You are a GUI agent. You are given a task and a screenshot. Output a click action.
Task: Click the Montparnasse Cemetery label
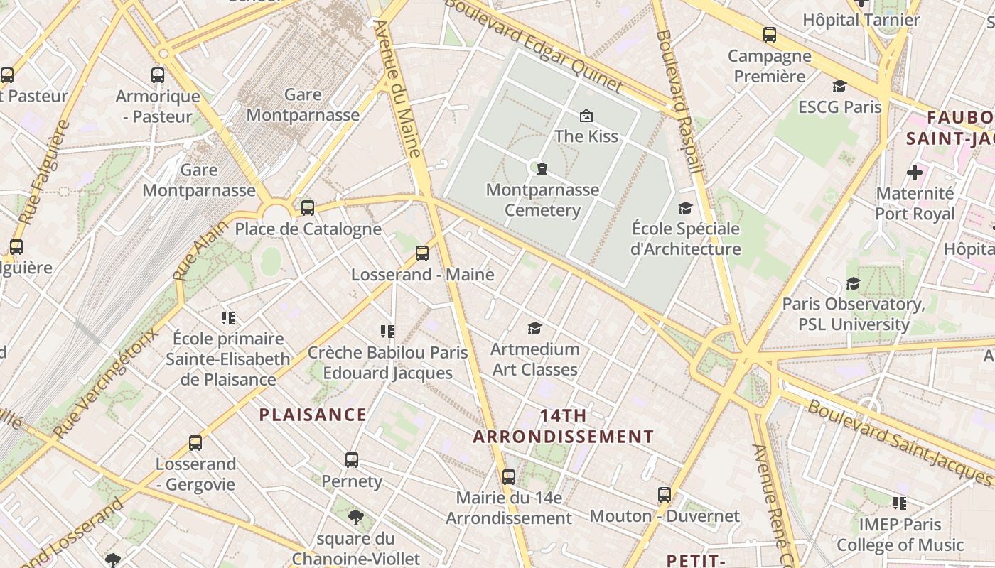pyautogui.click(x=542, y=200)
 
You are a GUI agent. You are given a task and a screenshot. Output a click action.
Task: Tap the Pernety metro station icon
pyautogui.click(x=352, y=460)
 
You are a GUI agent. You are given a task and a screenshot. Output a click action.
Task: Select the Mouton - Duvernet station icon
pyautogui.click(x=665, y=495)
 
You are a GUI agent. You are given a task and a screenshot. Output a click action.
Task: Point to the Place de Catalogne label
pyautogui.click(x=308, y=229)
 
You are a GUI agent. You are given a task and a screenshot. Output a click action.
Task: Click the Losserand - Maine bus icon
pyautogui.click(x=422, y=253)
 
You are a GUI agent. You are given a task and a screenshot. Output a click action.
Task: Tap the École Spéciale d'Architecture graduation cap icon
pyautogui.click(x=685, y=208)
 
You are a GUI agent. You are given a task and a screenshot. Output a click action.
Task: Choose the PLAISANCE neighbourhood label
pyautogui.click(x=313, y=415)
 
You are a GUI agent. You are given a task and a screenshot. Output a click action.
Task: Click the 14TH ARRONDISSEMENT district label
pyautogui.click(x=563, y=426)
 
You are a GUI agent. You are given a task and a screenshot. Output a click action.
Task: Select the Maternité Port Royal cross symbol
pyautogui.click(x=915, y=172)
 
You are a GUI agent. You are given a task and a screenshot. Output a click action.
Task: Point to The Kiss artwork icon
pyautogui.click(x=586, y=115)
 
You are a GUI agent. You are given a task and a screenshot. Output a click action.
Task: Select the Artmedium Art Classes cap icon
pyautogui.click(x=534, y=328)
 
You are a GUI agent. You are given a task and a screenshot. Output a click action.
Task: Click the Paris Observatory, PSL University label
pyautogui.click(x=853, y=314)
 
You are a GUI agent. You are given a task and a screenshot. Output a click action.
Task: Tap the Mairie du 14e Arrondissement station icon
pyautogui.click(x=509, y=477)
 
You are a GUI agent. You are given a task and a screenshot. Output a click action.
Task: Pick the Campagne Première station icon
pyautogui.click(x=769, y=35)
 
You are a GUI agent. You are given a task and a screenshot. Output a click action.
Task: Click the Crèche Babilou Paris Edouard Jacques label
pyautogui.click(x=387, y=362)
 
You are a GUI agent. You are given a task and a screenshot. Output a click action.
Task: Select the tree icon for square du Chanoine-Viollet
pyautogui.click(x=356, y=518)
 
